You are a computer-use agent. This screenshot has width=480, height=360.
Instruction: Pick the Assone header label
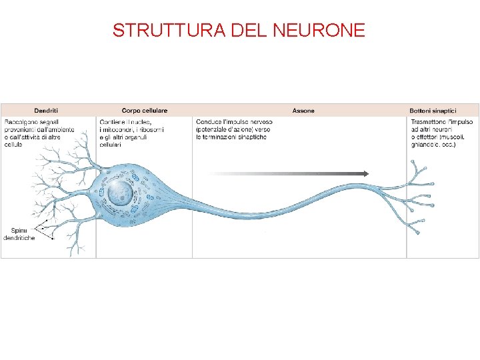303,110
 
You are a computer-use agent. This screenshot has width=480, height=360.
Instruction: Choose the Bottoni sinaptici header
433,110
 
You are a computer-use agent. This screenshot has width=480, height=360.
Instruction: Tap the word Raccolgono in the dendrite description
21,122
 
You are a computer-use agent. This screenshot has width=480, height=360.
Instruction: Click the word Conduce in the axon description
209,122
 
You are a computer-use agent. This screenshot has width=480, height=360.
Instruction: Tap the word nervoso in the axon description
259,122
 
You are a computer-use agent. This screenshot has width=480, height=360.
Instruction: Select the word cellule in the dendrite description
13,144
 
